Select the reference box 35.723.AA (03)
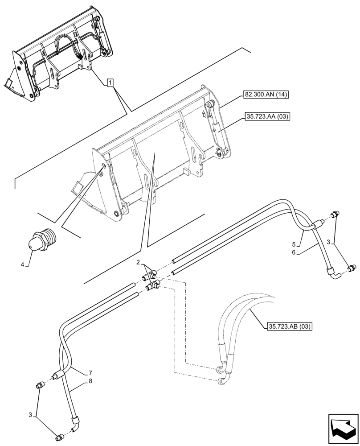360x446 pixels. tap(266, 117)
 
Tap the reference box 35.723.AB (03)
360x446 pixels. tap(290, 327)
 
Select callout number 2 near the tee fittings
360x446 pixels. tap(139, 262)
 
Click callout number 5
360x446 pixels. tap(294, 244)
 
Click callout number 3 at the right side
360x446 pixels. tap(328, 241)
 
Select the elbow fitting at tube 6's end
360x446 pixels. tap(331, 269)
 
